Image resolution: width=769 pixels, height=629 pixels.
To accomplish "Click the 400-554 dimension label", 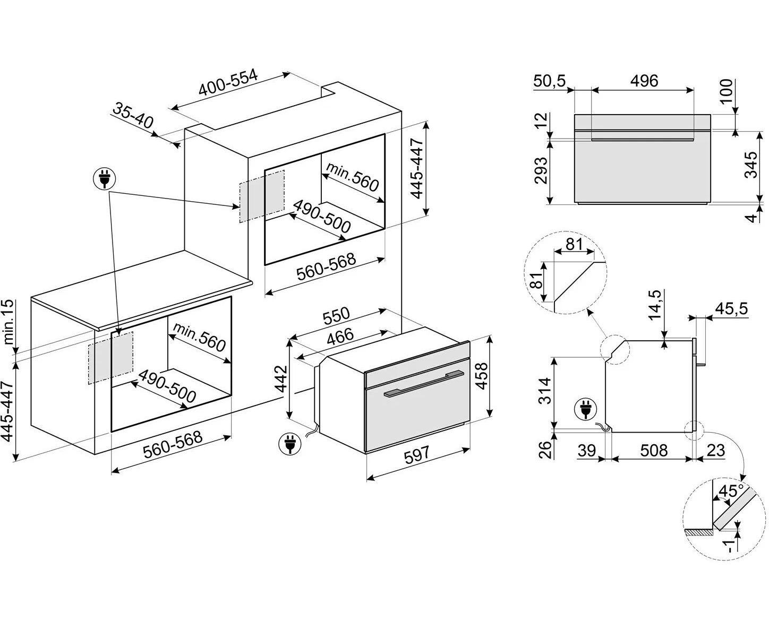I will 228,83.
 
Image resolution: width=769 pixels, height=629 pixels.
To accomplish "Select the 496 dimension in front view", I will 644,81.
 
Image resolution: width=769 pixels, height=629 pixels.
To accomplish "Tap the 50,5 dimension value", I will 550,81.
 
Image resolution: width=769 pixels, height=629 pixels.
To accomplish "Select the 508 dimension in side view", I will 654,450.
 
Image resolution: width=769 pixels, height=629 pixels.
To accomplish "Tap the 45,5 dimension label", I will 731,308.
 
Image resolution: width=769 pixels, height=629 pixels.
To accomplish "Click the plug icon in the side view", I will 585,409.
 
